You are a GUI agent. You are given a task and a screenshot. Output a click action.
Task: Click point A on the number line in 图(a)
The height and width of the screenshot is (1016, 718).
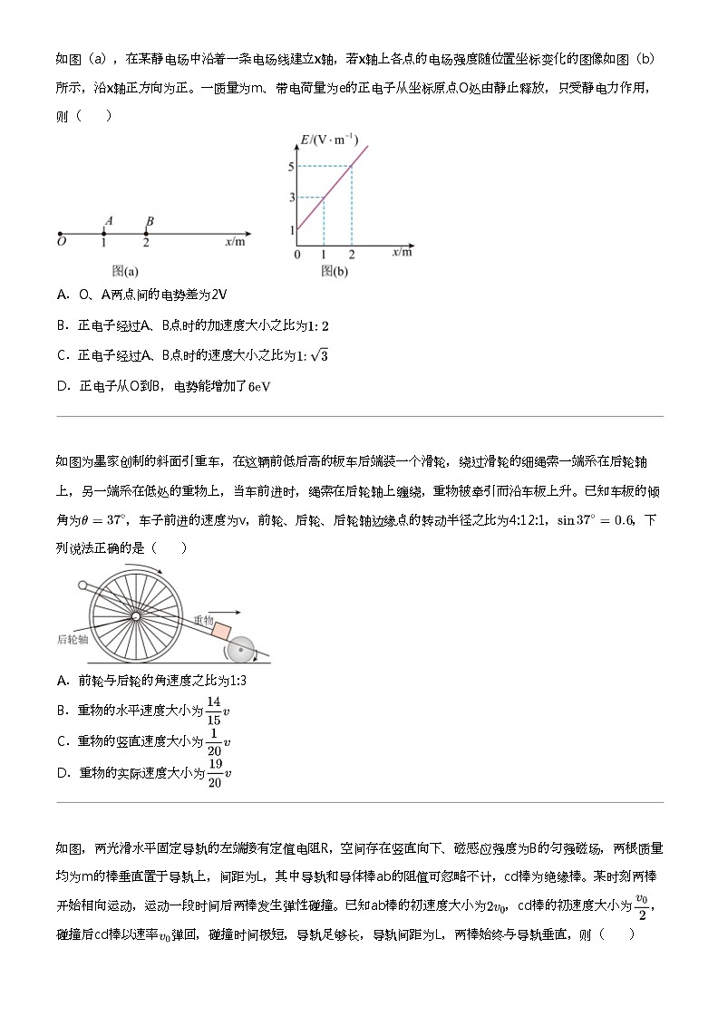point(104,233)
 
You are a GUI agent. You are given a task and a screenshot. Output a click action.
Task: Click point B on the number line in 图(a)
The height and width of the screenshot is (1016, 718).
point(147,233)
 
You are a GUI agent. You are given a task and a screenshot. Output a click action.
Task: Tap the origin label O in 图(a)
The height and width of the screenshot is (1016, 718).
point(61,243)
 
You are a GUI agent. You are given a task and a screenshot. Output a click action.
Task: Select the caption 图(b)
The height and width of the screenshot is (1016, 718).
point(335,270)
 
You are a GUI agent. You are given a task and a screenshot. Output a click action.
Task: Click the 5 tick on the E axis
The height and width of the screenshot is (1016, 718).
point(291,166)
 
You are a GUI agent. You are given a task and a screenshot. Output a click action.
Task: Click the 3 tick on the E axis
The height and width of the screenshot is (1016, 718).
point(291,198)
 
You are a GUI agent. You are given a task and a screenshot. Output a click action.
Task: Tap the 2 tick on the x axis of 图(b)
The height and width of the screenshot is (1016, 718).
point(352,254)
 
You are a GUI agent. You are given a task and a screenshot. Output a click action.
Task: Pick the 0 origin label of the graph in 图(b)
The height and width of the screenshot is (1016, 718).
point(296,254)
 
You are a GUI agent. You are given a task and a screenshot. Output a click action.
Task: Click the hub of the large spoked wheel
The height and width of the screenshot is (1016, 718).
point(134,616)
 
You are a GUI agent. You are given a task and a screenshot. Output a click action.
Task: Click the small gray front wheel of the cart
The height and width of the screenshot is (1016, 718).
point(241,649)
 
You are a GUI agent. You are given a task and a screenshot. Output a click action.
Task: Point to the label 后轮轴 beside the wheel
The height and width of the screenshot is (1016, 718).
point(73,639)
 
